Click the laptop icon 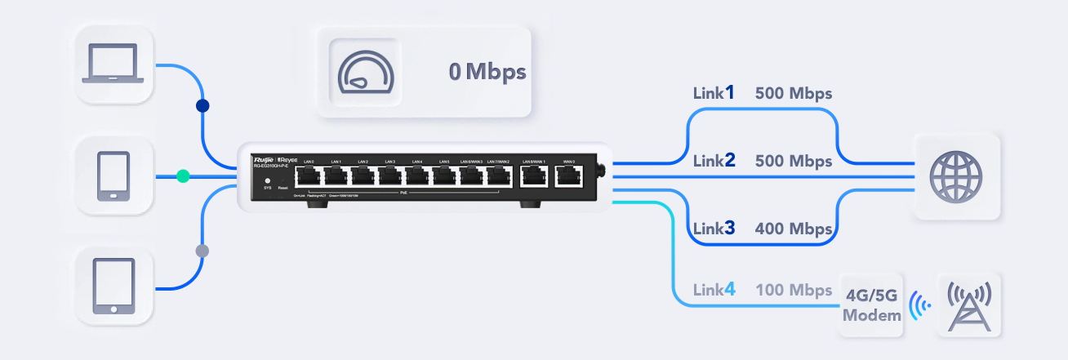(113, 64)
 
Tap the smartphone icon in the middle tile (113, 176)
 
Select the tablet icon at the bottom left (113, 287)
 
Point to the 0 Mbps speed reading (487, 72)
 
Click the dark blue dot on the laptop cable (203, 106)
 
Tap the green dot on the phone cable (184, 176)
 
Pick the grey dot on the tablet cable (202, 250)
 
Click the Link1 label (714, 93)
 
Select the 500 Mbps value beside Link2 (793, 160)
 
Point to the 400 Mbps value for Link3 (793, 229)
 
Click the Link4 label (714, 289)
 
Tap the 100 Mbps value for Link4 (793, 289)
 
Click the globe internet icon (956, 176)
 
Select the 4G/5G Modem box (872, 305)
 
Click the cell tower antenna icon (968, 305)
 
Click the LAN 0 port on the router (309, 176)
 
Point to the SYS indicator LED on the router (267, 180)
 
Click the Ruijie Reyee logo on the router (278, 158)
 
